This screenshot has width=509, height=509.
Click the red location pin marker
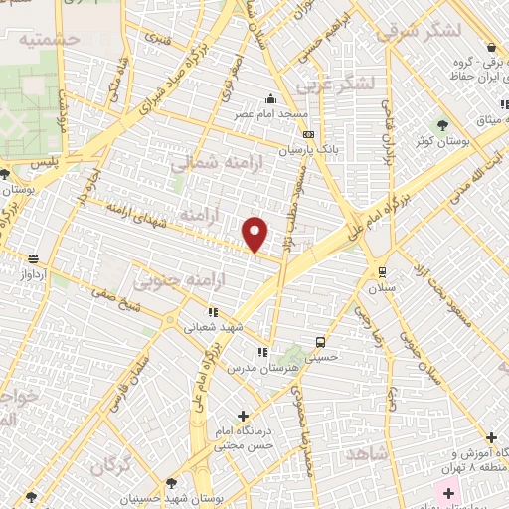[x=255, y=233]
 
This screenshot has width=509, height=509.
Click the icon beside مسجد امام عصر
[x=269, y=98]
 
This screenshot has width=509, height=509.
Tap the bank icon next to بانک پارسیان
[x=308, y=134]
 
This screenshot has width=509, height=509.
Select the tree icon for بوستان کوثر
[x=442, y=125]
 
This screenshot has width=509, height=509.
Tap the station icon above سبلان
[x=382, y=271]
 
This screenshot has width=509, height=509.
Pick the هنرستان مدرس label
[x=261, y=368]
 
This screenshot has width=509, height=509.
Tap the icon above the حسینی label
[x=318, y=339]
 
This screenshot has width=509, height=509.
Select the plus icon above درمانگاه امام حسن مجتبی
[x=243, y=416]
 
